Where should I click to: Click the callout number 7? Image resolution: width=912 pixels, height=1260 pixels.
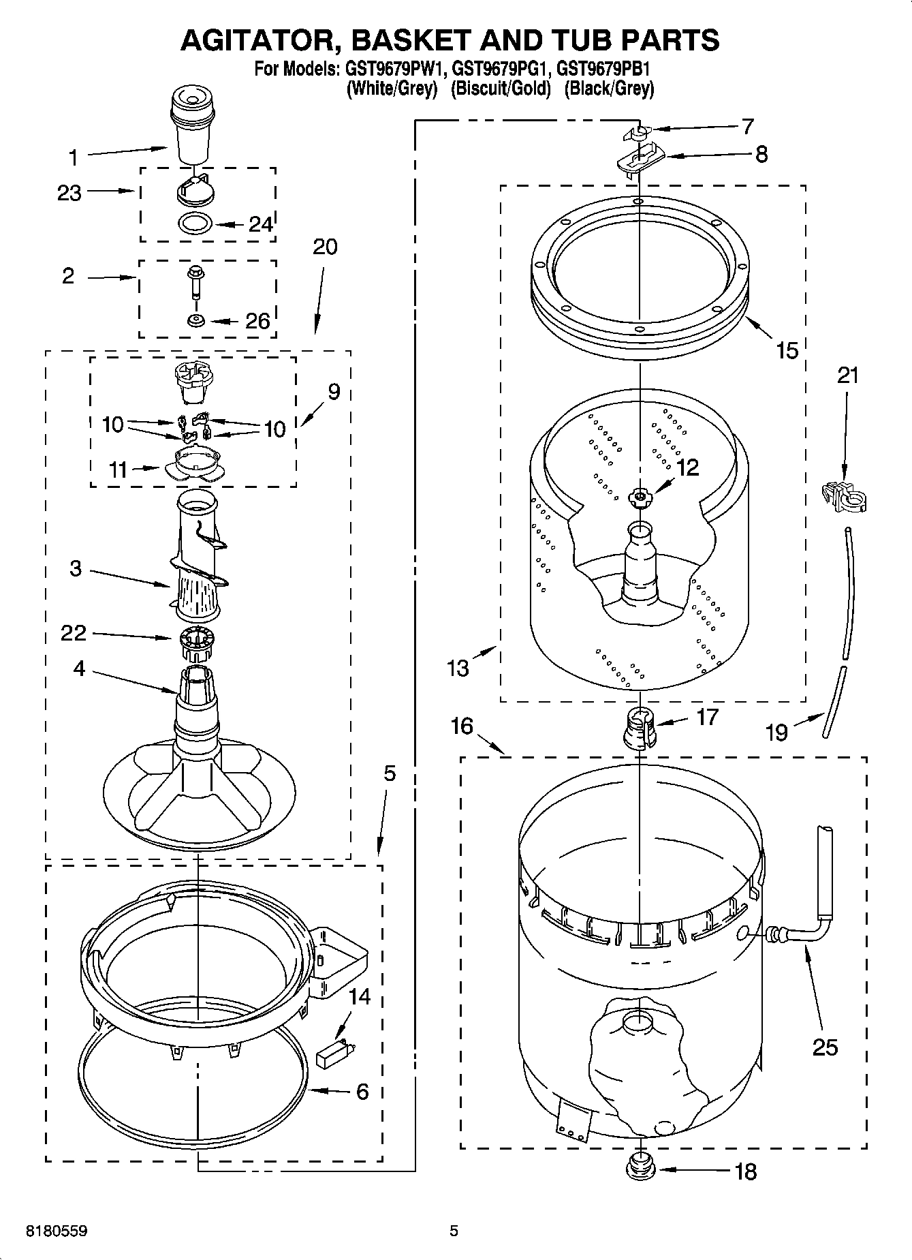pyautogui.click(x=747, y=126)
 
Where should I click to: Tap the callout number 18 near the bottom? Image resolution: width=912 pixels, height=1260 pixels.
pyautogui.click(x=746, y=1171)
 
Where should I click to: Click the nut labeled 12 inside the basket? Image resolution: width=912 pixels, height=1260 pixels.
pyautogui.click(x=640, y=497)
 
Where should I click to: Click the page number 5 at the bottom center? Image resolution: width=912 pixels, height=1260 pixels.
pyautogui.click(x=454, y=1231)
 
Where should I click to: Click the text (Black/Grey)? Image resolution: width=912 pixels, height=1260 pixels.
pyautogui.click(x=609, y=89)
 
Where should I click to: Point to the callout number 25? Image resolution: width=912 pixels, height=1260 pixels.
pyautogui.click(x=825, y=1047)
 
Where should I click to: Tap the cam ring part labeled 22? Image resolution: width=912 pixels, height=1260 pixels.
pyautogui.click(x=198, y=643)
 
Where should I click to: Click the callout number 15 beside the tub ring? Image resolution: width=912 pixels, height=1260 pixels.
pyautogui.click(x=787, y=350)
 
